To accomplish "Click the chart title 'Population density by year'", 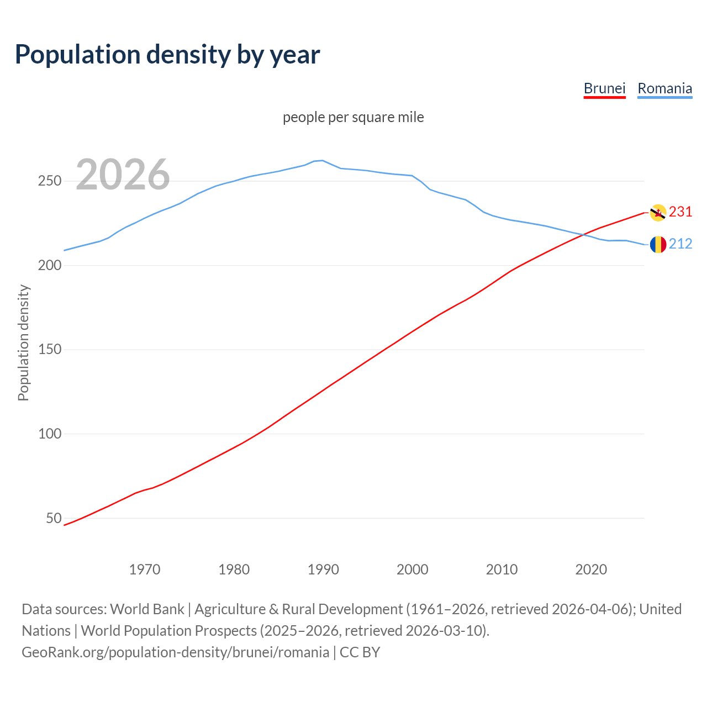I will click(167, 55).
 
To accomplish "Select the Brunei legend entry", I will click(604, 88).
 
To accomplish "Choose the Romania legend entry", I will click(664, 88).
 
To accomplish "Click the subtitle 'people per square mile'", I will click(353, 117).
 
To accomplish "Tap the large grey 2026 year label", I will click(123, 175).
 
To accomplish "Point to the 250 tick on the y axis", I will click(49, 181).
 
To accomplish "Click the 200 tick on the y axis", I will click(49, 266).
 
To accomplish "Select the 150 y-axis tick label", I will click(49, 350).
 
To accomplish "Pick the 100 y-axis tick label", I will click(49, 434).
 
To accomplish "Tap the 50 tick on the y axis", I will click(54, 518).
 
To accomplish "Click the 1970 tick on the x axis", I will click(145, 569).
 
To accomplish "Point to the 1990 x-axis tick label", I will click(323, 569).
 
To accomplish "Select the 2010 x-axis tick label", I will click(502, 569).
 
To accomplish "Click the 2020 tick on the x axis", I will click(591, 569).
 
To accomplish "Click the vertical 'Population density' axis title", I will click(23, 342).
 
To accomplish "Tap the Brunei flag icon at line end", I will click(658, 213).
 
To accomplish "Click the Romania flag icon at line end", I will click(658, 244).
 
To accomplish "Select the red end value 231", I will click(680, 212).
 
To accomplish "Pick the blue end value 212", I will click(680, 244).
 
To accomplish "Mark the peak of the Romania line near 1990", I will click(322, 160).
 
